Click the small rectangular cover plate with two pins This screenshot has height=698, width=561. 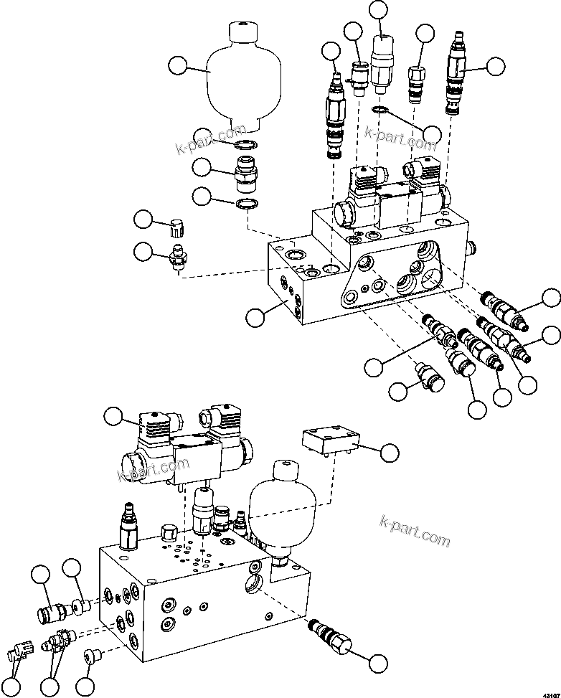(328, 440)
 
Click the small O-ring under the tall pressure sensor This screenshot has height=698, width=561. (379, 110)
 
